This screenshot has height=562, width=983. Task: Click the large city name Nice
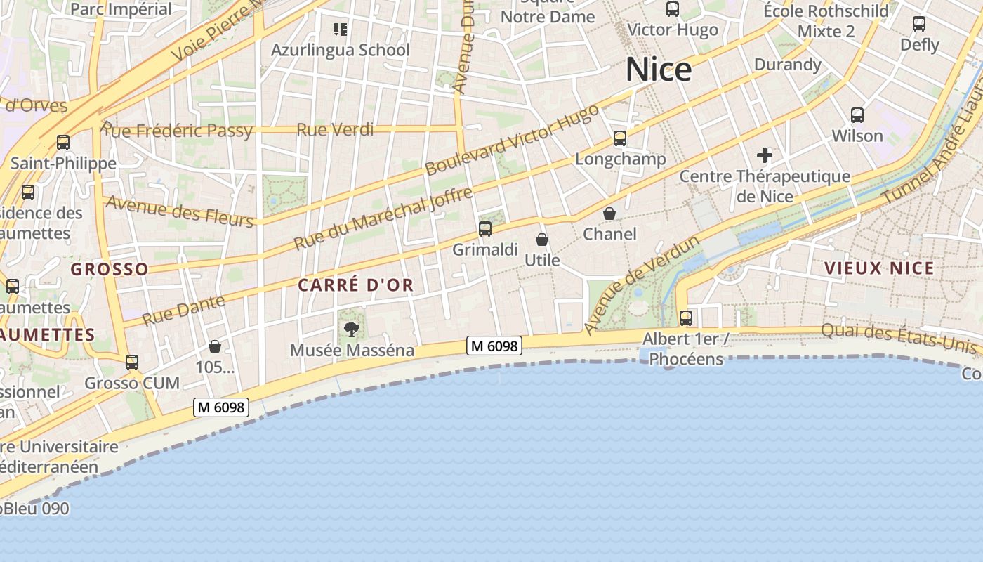(x=658, y=70)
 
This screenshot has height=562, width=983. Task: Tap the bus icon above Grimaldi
(x=484, y=228)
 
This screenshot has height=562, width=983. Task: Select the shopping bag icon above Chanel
(x=609, y=213)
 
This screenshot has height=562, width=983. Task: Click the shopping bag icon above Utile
(x=542, y=240)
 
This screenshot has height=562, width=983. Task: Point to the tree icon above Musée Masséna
(x=351, y=328)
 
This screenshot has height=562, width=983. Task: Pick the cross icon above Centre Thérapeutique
(x=765, y=155)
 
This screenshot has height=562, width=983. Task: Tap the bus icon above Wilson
(x=857, y=115)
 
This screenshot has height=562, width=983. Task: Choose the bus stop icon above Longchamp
(x=619, y=138)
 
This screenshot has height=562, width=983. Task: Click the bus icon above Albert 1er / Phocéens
(x=686, y=318)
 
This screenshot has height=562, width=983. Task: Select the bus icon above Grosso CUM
(x=132, y=362)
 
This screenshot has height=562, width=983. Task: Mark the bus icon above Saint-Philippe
(x=63, y=143)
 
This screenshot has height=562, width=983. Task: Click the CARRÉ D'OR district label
(x=355, y=285)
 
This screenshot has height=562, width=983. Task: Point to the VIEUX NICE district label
(x=879, y=268)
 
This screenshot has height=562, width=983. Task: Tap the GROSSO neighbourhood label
(x=110, y=269)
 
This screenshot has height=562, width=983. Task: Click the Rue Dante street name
(x=183, y=310)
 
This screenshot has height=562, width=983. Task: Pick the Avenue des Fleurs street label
(x=179, y=211)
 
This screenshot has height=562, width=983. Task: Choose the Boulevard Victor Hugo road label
(x=512, y=140)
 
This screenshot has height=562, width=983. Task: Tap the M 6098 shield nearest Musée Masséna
(x=494, y=346)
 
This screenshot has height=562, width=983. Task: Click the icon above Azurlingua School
(x=341, y=30)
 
